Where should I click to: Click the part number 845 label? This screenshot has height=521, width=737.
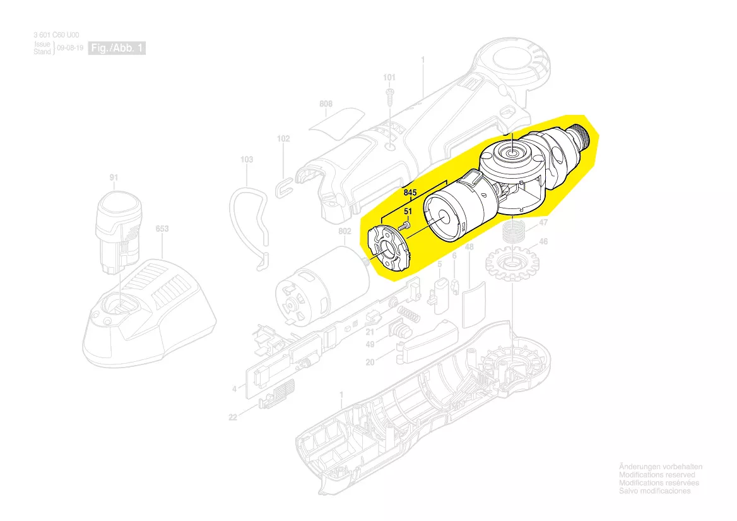point(410,193)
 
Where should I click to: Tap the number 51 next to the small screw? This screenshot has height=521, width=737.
point(408,212)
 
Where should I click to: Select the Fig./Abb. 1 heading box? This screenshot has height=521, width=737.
point(117,48)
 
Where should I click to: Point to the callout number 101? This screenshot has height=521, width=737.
point(389,78)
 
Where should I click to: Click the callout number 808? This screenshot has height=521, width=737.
point(326,104)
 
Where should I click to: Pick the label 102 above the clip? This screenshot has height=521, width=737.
point(283,139)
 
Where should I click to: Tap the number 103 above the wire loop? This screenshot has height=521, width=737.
point(247,159)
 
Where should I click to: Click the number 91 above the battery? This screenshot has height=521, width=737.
point(114,177)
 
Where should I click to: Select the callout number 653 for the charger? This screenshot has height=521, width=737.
point(162,229)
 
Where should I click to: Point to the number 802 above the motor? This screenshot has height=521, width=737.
point(345,231)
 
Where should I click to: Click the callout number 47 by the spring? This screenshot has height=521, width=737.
point(543,222)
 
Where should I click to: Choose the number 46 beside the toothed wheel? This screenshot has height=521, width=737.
point(543,242)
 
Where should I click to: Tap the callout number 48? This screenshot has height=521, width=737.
point(469,247)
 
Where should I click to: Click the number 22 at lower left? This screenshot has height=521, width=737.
point(233,417)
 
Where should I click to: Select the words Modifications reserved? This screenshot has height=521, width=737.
point(657,475)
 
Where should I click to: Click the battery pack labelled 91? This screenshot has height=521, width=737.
point(119,232)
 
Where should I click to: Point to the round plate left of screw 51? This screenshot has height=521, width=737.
point(389,249)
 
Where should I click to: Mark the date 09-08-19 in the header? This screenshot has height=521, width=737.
point(70,48)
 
